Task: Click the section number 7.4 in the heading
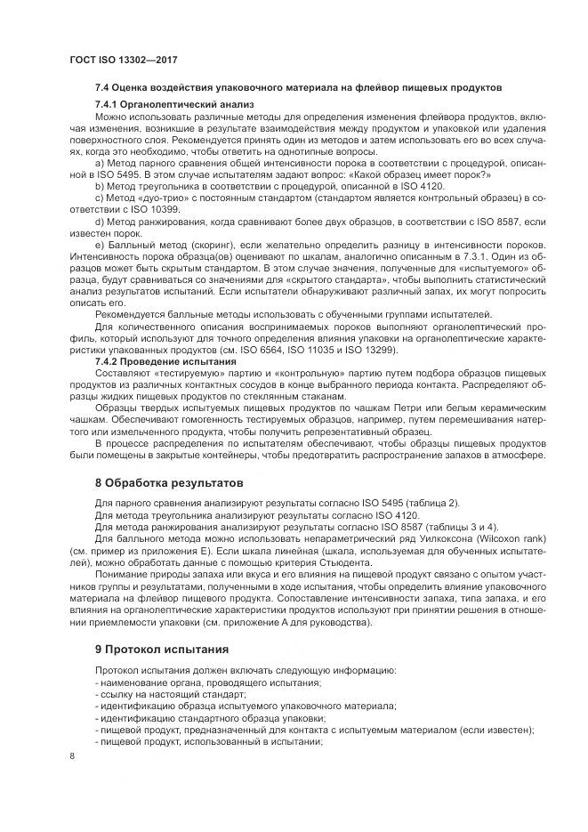point(102,88)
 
